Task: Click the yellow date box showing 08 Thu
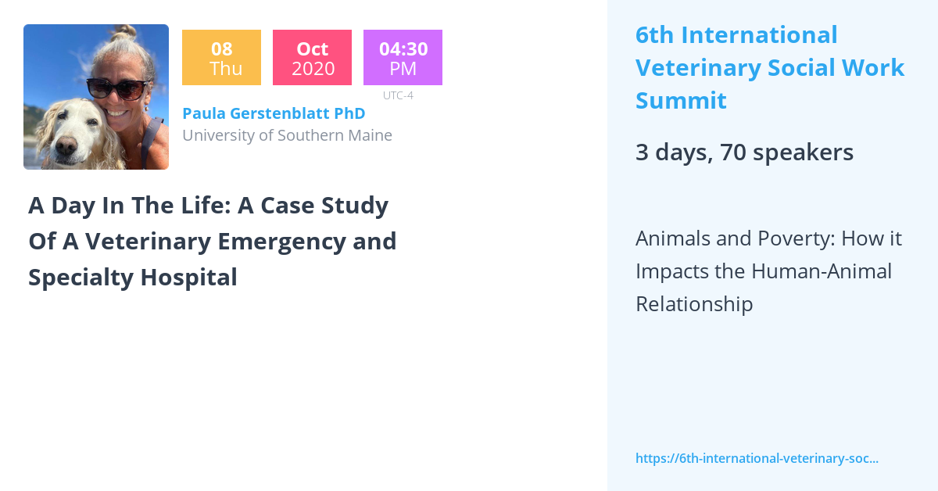[x=221, y=58]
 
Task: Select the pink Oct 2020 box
[x=312, y=58]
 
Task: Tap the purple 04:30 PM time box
[x=403, y=58]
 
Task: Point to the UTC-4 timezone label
[x=398, y=95]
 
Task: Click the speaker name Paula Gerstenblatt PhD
[x=274, y=113]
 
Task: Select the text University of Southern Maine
[x=287, y=135]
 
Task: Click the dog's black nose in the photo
[x=66, y=145]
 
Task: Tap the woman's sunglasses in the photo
[x=117, y=88]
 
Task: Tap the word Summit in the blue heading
[x=681, y=101]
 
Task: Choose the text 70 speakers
[x=786, y=152]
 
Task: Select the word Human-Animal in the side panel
[x=822, y=271]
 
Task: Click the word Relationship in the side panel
[x=693, y=303]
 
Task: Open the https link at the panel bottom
[x=757, y=458]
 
